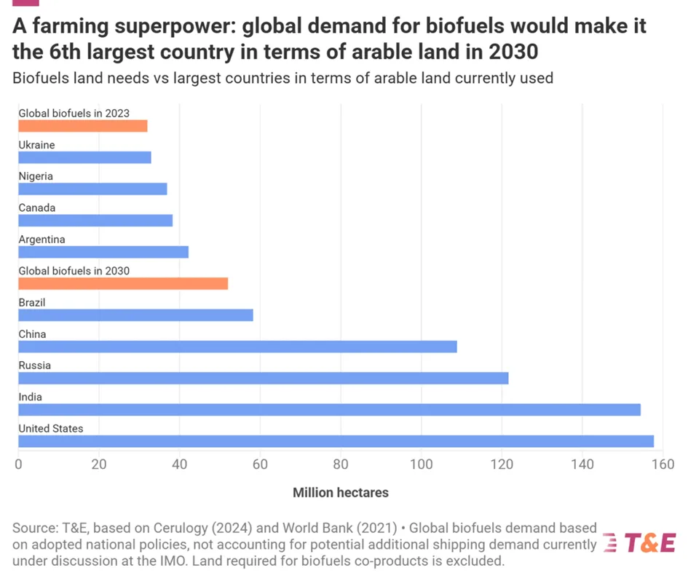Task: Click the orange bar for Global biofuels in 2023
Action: (82, 126)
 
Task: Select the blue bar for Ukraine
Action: (84, 157)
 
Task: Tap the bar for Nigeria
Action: (92, 189)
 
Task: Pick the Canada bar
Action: (95, 221)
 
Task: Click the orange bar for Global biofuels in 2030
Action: (123, 284)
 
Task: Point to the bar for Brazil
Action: (135, 315)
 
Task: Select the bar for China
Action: (237, 347)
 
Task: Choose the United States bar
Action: (336, 441)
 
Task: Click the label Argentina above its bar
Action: (41, 240)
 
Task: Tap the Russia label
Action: (34, 365)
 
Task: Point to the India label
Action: (30, 397)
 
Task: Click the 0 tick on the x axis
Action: (18, 464)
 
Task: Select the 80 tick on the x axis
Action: (341, 464)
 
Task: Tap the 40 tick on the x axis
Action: (179, 464)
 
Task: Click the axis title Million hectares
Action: (340, 493)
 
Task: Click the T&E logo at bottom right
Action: (641, 543)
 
